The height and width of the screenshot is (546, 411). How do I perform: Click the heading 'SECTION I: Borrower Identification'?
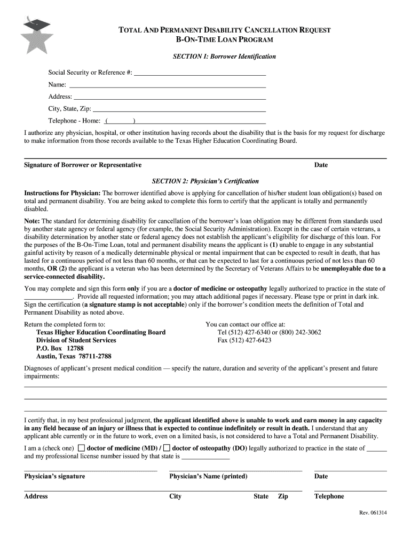coord(224,56)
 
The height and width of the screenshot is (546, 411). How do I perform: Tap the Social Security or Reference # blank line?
coord(200,73)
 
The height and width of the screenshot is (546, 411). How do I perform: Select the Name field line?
coord(168,85)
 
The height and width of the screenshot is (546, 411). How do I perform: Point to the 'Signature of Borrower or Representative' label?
coord(83,165)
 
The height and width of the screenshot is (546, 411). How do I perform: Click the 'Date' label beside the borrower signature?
coord(321,165)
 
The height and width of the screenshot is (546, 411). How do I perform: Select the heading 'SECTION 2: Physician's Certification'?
coord(205,181)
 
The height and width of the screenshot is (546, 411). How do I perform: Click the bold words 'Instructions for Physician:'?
coord(62,192)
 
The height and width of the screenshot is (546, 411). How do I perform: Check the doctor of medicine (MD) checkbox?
coord(81,448)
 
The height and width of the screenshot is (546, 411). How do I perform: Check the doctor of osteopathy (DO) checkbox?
coord(167,448)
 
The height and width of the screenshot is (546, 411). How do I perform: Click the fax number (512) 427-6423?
coord(244,340)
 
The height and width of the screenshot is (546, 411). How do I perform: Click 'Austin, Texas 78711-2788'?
coord(74,357)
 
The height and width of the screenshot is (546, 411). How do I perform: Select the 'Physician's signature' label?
coord(54,476)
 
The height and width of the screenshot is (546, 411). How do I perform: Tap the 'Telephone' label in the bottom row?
coord(329,496)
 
